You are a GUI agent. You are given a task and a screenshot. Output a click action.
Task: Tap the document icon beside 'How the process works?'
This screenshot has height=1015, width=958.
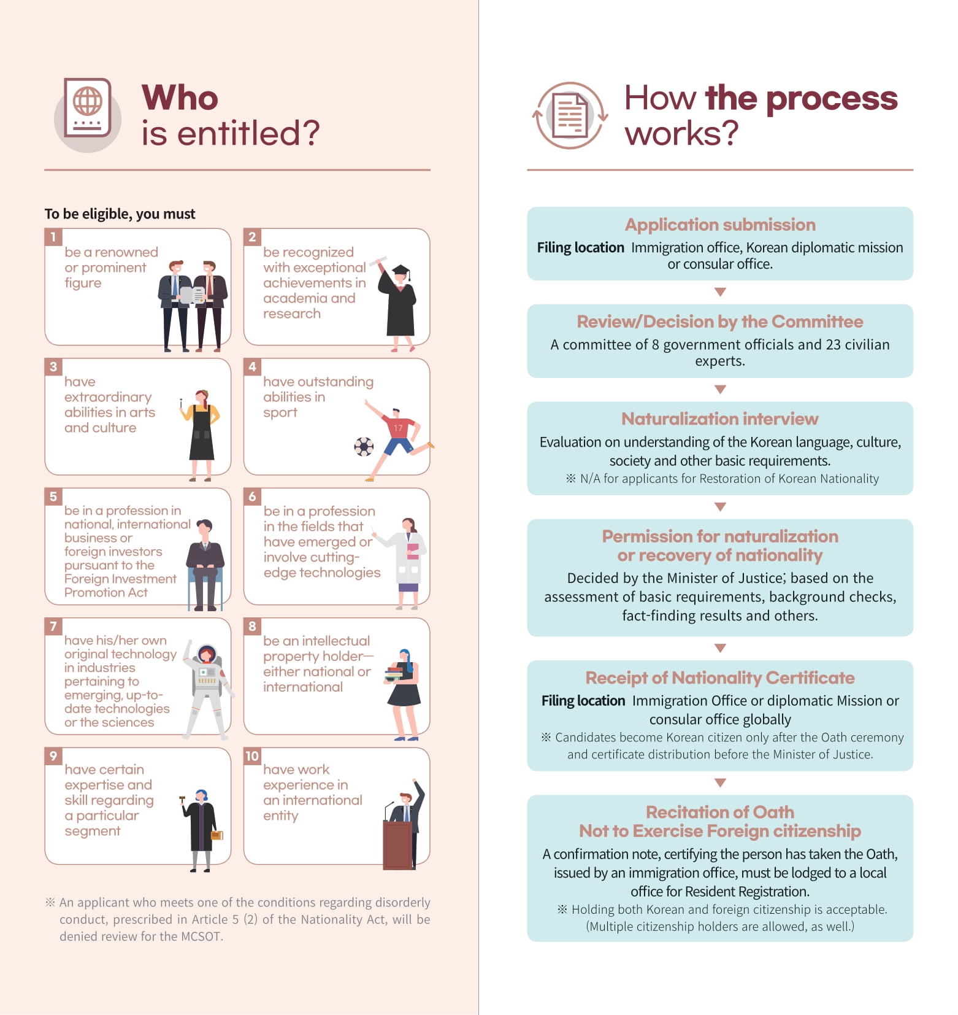(570, 115)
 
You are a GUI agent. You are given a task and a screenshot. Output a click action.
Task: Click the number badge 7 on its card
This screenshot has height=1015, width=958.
(53, 626)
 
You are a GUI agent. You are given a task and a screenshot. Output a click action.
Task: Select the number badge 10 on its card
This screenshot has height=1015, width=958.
(252, 756)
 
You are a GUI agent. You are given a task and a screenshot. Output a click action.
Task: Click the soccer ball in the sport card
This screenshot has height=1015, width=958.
(364, 446)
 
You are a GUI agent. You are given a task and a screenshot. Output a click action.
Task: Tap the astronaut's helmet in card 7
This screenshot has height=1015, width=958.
(207, 654)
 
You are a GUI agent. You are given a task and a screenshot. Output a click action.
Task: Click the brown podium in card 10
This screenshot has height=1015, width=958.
(398, 845)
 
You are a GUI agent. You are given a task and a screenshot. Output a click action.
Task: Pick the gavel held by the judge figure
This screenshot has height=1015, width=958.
(182, 800)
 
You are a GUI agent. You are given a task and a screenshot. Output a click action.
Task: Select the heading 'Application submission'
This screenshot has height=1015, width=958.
(720, 225)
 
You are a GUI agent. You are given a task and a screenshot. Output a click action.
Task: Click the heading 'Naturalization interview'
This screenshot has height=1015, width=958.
(719, 419)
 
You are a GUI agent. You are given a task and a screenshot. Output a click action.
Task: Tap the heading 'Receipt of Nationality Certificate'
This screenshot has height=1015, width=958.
(720, 677)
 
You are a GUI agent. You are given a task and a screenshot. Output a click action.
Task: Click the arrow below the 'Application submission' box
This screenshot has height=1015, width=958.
(721, 292)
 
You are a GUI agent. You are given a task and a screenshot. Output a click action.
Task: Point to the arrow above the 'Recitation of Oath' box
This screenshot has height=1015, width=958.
(721, 783)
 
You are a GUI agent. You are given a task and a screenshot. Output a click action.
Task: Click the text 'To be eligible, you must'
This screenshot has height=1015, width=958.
(120, 214)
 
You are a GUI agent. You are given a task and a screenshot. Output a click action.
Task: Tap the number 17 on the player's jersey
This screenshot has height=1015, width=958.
(398, 428)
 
